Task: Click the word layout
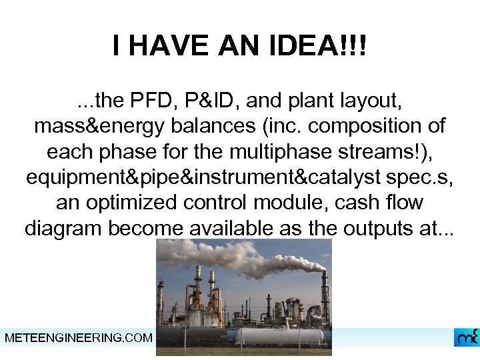coord(368,101)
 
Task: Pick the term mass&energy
coord(99,127)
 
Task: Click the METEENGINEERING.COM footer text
coord(78,338)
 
